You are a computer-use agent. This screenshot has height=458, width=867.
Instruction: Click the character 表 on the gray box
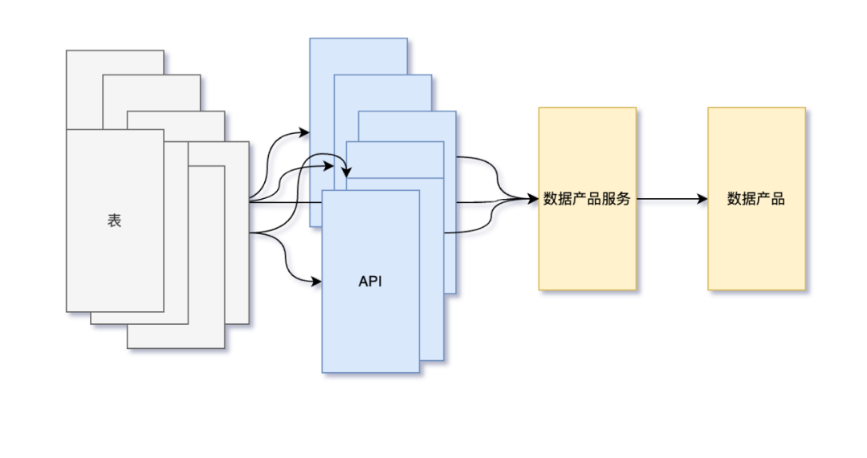pyautogui.click(x=115, y=221)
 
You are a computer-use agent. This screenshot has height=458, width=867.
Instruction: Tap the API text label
pyautogui.click(x=370, y=282)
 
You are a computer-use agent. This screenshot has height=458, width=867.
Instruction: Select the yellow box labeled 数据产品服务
pyautogui.click(x=587, y=241)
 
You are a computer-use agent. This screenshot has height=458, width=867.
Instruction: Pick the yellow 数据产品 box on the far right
pyautogui.click(x=756, y=241)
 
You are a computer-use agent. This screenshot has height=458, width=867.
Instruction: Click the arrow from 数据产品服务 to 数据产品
pyautogui.click(x=671, y=199)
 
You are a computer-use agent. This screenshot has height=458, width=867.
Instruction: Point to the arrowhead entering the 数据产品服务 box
pyautogui.click(x=533, y=199)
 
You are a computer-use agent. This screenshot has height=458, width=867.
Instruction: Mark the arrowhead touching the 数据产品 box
pyautogui.click(x=702, y=199)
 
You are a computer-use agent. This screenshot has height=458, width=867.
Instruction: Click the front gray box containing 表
pyautogui.click(x=115, y=265)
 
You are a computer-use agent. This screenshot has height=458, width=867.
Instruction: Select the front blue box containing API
pyautogui.click(x=370, y=329)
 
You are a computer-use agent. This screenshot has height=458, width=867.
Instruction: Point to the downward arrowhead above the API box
pyautogui.click(x=347, y=172)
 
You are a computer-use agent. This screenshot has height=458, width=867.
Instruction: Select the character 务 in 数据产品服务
pyautogui.click(x=623, y=199)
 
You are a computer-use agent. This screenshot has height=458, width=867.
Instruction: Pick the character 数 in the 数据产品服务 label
pyautogui.click(x=551, y=199)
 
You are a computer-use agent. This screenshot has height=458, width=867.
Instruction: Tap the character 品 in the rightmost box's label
pyautogui.click(x=778, y=199)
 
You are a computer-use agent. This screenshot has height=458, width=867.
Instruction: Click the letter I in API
pyautogui.click(x=380, y=282)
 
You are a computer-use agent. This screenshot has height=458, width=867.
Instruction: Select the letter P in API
pyautogui.click(x=372, y=282)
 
